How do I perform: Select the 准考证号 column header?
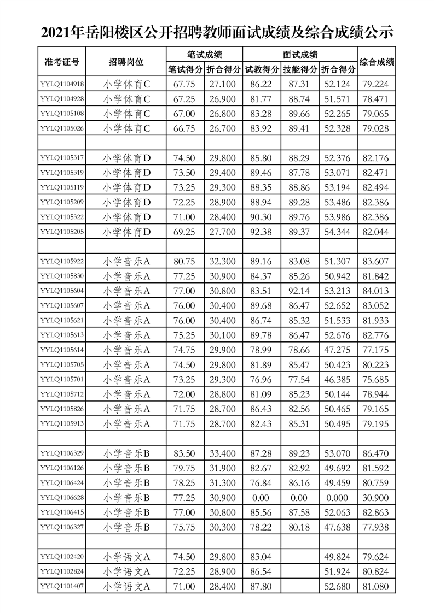(x=61, y=62)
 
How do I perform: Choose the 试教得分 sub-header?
(x=262, y=69)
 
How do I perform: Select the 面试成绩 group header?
(x=300, y=55)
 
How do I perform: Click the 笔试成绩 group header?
(x=204, y=55)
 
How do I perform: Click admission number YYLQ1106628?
(x=62, y=497)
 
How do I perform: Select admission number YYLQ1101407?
(x=62, y=586)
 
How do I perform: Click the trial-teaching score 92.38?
(x=262, y=232)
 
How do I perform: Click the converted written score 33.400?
(x=223, y=453)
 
